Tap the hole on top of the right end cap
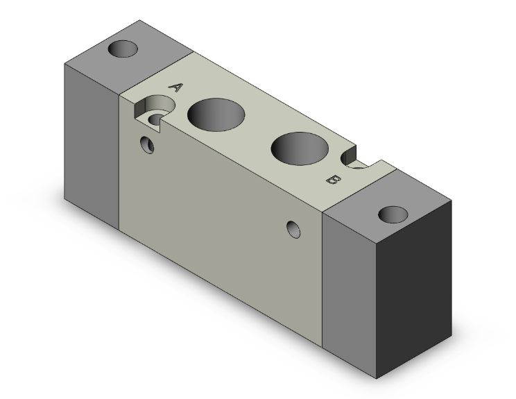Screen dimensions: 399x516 coord(393,213)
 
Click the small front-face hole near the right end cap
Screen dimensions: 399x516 coord(295,229)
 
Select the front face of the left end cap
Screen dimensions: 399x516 coord(92,146)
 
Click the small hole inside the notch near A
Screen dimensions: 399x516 coord(156,119)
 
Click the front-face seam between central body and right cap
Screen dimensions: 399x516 coord(324,278)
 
